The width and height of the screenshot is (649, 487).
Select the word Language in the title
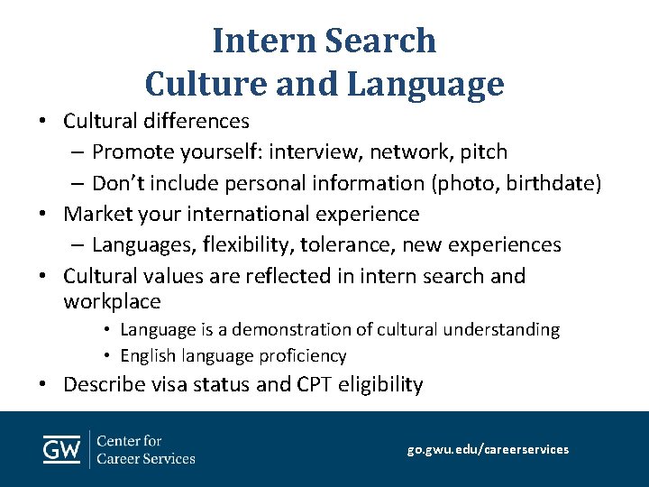point(425,84)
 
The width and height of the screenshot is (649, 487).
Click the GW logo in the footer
point(62,449)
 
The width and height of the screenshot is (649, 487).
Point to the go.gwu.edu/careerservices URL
point(488,448)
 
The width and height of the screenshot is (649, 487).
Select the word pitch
point(483,152)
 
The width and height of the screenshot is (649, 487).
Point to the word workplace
point(112,301)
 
